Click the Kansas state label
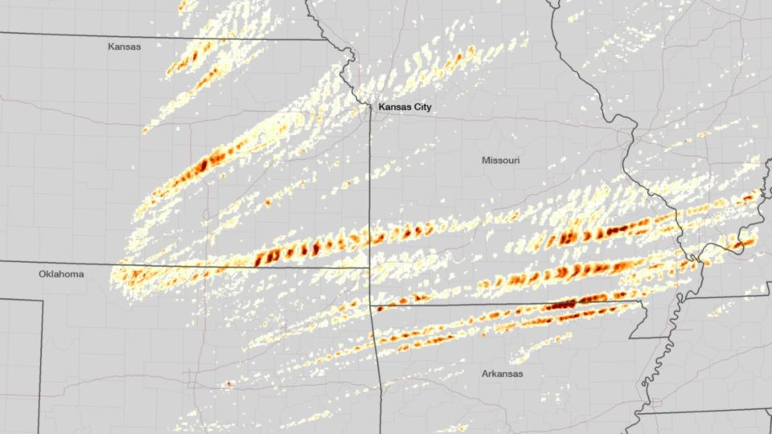pyautogui.click(x=124, y=47)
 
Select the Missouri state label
pyautogui.click(x=500, y=161)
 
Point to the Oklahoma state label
pyautogui.click(x=61, y=274)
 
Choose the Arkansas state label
pyautogui.click(x=503, y=374)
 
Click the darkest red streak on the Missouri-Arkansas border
pyautogui.click(x=561, y=305)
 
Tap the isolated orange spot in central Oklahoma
pyautogui.click(x=229, y=384)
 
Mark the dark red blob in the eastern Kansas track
pyautogui.click(x=203, y=164)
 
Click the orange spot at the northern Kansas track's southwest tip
pyautogui.click(x=146, y=130)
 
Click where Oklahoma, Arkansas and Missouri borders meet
pyautogui.click(x=372, y=306)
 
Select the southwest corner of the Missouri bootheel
pyautogui.click(x=630, y=338)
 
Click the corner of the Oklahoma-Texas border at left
pyautogui.click(x=41, y=300)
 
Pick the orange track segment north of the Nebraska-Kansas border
pyautogui.click(x=193, y=9)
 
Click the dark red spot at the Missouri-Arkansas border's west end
pyautogui.click(x=379, y=307)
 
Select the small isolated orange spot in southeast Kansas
pyautogui.click(x=268, y=201)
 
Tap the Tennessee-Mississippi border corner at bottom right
pyautogui.click(x=635, y=411)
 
